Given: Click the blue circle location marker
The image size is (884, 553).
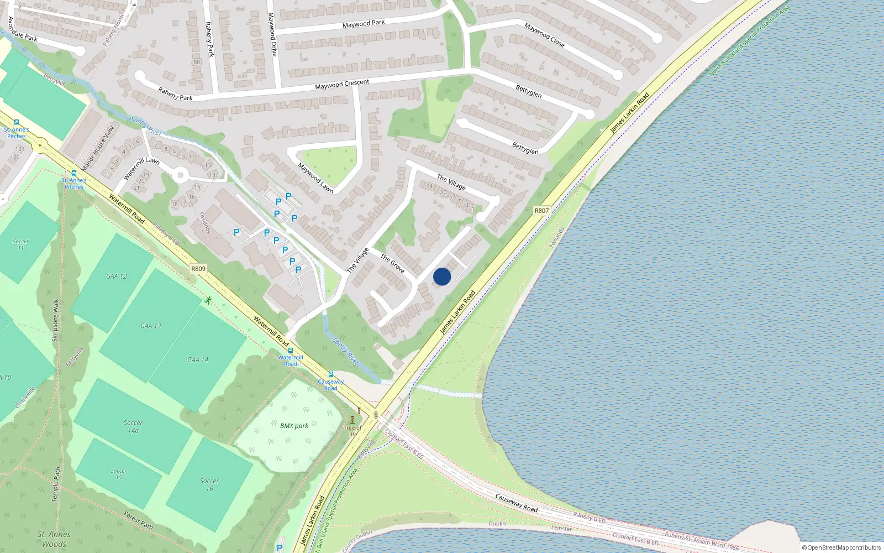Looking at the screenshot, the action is (442, 276).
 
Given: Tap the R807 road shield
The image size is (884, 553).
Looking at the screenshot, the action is (541, 211).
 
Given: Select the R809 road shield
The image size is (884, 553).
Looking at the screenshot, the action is (198, 269).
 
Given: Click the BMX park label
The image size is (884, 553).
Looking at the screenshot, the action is (294, 426).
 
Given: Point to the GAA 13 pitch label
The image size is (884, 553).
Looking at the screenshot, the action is (150, 326).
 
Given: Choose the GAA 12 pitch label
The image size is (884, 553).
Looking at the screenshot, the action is (116, 276).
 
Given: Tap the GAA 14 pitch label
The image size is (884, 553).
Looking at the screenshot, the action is (197, 359).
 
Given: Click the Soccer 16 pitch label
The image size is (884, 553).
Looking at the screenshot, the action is (209, 484).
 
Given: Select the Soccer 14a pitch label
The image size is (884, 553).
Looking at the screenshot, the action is (133, 426).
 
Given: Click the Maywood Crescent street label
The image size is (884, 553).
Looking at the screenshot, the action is (342, 84).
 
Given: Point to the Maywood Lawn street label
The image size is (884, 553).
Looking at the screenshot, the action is (315, 177).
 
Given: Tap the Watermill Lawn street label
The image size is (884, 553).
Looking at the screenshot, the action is (141, 169).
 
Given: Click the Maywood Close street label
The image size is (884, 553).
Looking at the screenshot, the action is (544, 34).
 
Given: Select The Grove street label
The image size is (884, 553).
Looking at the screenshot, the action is (392, 263).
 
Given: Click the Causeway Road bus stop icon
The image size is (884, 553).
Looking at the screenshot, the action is (331, 374).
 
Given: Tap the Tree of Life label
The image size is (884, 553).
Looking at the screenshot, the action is (352, 430).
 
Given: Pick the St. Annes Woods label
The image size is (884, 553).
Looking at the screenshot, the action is (54, 539).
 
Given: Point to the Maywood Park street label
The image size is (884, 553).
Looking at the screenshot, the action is (364, 24).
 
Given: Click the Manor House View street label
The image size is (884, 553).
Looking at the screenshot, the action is (98, 148).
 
